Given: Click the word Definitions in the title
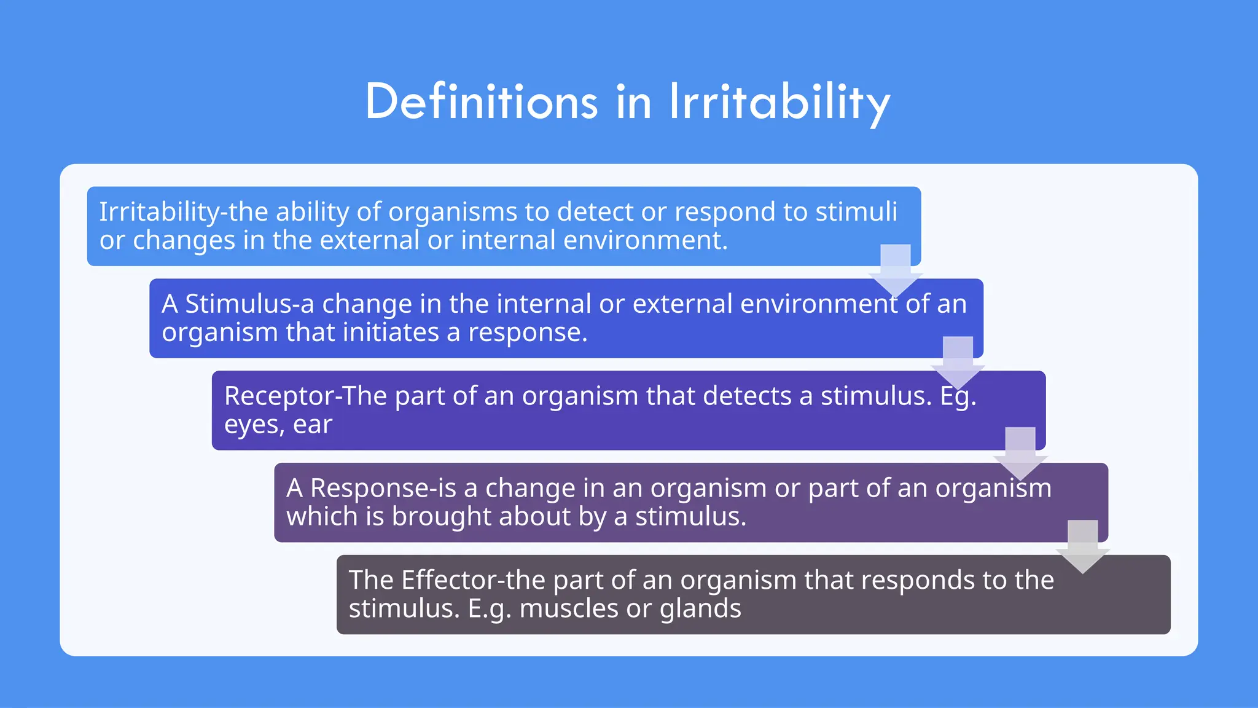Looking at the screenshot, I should pyautogui.click(x=481, y=101).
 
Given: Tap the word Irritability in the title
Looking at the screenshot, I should pyautogui.click(x=779, y=103).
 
